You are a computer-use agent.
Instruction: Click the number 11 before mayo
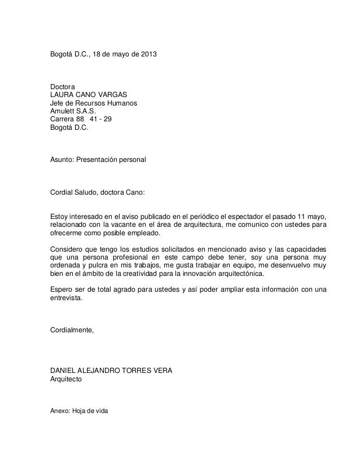point(301,217)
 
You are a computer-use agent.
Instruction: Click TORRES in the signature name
point(131,371)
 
